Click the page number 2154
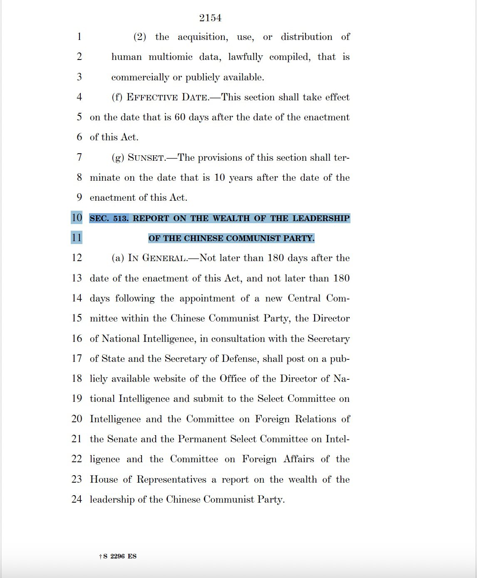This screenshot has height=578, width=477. (x=210, y=18)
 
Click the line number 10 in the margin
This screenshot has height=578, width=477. (x=77, y=218)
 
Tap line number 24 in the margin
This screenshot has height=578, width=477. (x=77, y=499)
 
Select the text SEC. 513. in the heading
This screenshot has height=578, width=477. (x=109, y=218)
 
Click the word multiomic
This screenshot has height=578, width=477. (x=171, y=57)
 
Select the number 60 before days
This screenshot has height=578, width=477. (x=180, y=117)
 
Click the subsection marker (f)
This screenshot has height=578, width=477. (x=117, y=97)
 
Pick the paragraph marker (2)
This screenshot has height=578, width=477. (x=140, y=37)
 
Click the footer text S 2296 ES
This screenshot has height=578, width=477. (x=120, y=556)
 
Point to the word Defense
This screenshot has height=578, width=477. (x=239, y=359)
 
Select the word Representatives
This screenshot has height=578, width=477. (x=171, y=479)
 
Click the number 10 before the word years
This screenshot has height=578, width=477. (x=219, y=178)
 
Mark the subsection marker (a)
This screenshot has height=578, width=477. (x=118, y=258)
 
